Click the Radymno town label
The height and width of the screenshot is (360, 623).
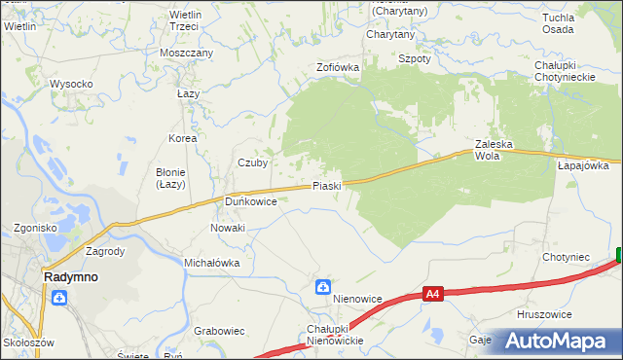click(x=70, y=276)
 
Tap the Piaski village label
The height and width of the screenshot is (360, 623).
click(x=326, y=186)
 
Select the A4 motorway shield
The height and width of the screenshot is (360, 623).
click(x=434, y=293)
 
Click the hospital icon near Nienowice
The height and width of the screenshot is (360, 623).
click(x=322, y=287)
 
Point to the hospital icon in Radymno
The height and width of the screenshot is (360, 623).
click(x=60, y=298)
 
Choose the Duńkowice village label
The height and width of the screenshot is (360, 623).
click(x=251, y=201)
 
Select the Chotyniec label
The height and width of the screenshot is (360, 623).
click(x=567, y=257)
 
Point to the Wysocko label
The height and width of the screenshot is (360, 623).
click(x=71, y=84)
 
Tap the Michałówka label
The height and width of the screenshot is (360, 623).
click(x=211, y=263)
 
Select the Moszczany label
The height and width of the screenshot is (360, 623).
click(x=187, y=53)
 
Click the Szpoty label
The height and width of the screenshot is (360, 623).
click(x=415, y=58)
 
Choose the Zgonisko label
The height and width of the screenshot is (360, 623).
click(x=35, y=228)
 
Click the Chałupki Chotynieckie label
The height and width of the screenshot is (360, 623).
click(x=571, y=71)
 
